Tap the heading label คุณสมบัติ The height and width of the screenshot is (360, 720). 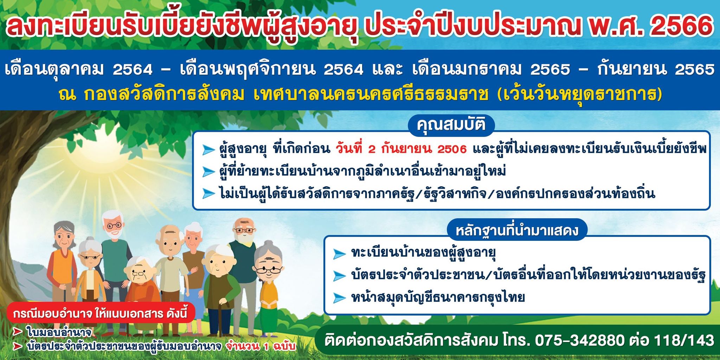pos(451,124)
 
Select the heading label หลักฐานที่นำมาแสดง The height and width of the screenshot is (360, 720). pos(517,230)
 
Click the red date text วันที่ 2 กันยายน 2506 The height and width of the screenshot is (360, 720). pos(401,149)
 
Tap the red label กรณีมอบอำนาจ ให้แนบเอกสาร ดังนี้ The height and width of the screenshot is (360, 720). pos(100,313)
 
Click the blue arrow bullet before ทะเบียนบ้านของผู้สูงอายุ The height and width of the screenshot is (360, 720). pos(339,253)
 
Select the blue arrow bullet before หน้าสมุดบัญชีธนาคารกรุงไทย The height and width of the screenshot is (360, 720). pos(339,298)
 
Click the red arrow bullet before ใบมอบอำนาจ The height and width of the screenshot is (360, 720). pos(18,332)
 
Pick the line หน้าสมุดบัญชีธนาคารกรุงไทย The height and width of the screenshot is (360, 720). pos(438,297)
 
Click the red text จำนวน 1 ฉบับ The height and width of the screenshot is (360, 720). pos(261,346)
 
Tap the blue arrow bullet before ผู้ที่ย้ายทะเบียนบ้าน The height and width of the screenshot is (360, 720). pos(208,172)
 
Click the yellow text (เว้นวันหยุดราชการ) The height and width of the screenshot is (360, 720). pos(580,94)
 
